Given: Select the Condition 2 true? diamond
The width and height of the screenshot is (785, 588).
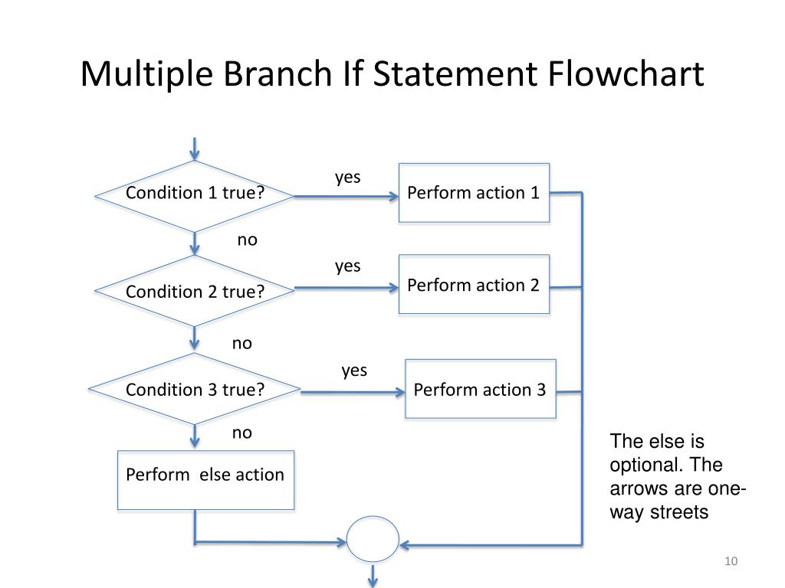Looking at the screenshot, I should point(195,291).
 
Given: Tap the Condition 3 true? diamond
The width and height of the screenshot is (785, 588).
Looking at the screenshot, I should point(195,389).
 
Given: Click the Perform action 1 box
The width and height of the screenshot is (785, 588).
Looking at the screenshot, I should point(474,193).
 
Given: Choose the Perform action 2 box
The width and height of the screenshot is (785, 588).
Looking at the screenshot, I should point(474,285).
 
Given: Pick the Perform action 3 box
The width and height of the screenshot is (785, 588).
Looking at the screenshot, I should point(480,389).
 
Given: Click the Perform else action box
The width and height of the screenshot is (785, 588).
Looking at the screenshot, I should point(205,480).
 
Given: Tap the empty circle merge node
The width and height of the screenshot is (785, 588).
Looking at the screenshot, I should point(373,540).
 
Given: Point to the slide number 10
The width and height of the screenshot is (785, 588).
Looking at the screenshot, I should point(731,563).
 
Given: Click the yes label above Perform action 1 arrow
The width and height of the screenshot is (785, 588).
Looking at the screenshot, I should point(347,177).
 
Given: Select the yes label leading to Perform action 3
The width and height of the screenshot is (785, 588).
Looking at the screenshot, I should point(354,371).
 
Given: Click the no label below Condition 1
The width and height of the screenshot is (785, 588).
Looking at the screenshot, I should point(247,240).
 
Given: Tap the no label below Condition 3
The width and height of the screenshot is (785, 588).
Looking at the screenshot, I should point(242,433).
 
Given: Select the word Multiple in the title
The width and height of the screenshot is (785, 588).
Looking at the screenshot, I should point(146,74).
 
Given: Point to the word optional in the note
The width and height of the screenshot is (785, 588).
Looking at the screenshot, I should point(647,465).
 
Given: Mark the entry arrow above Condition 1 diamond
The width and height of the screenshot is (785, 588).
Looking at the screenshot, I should point(195,148).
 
